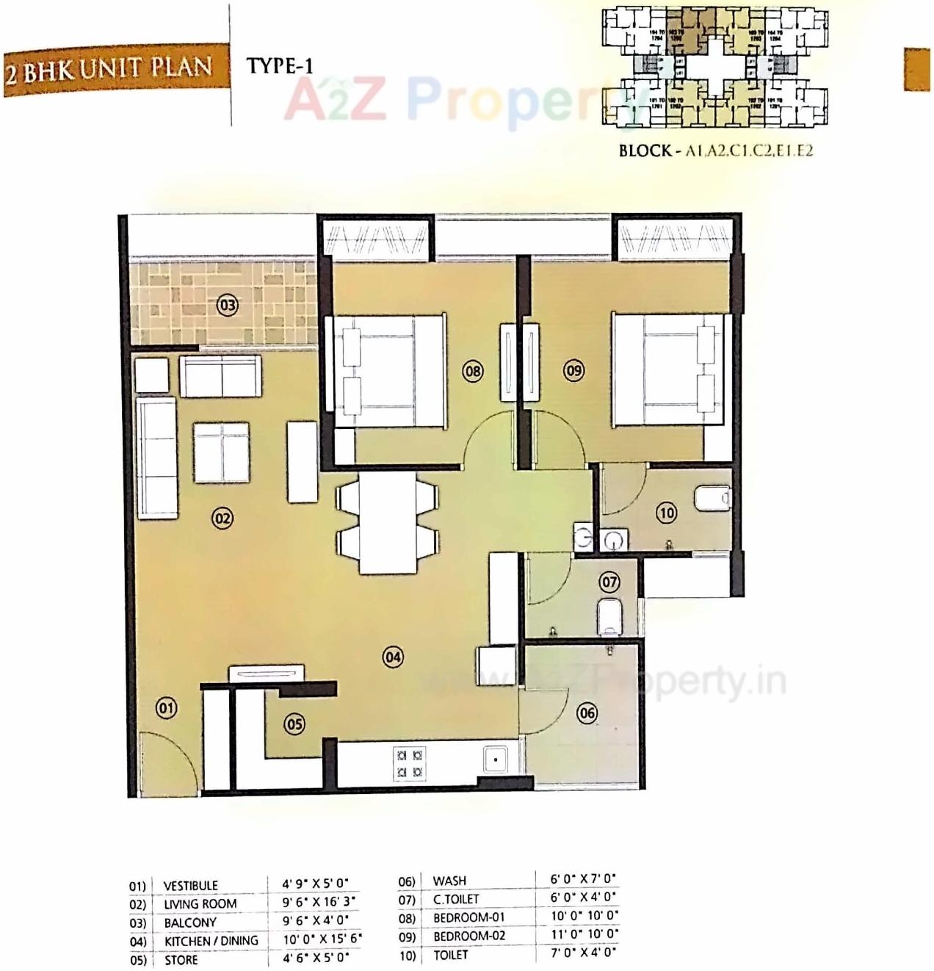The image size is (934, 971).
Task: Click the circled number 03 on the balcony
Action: (228, 304)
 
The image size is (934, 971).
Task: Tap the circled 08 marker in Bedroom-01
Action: (473, 371)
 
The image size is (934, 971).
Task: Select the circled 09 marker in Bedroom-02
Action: (573, 370)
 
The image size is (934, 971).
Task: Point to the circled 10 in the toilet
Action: (666, 513)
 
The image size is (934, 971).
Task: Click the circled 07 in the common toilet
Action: (609, 582)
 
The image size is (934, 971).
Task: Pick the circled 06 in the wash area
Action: (587, 712)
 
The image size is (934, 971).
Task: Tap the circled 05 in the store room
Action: (294, 724)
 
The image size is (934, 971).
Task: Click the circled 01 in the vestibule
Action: (167, 708)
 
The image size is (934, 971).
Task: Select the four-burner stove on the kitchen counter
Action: (410, 762)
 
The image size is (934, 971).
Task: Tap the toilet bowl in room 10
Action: (712, 497)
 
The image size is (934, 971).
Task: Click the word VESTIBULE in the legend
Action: (190, 886)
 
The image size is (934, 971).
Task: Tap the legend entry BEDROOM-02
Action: (469, 936)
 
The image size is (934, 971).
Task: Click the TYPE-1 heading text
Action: (280, 65)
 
